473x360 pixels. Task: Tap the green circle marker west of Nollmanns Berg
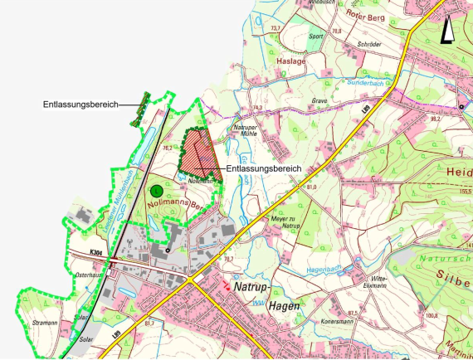[x=155, y=190]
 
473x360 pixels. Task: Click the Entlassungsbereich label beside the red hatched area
[x=263, y=168]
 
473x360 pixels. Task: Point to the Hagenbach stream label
[x=324, y=270]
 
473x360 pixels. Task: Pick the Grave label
[x=319, y=101]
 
